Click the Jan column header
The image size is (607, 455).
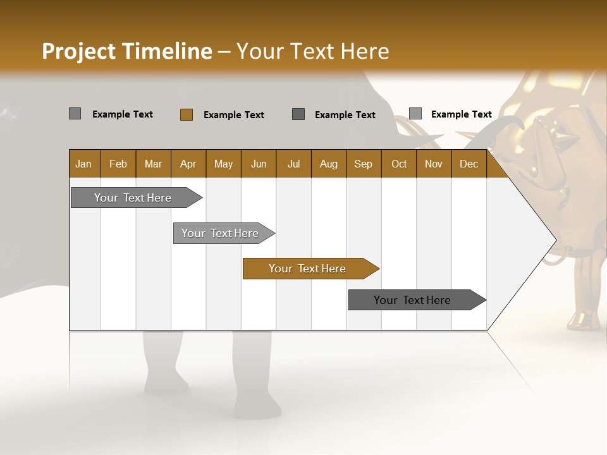tap(83, 164)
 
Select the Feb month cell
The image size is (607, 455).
tap(118, 164)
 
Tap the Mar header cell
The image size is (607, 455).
tap(153, 164)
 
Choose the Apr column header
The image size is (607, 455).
tap(188, 164)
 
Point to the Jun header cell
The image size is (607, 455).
tap(259, 164)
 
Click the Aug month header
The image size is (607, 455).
tap(329, 164)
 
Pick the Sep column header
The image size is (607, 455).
tap(364, 164)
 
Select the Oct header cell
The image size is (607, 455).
tap(399, 164)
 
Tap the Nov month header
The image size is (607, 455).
tap(434, 164)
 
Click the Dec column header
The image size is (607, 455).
tap(469, 164)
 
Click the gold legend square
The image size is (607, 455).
tap(187, 114)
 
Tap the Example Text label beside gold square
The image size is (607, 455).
tap(234, 115)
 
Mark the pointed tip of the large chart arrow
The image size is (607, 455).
tap(555, 240)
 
